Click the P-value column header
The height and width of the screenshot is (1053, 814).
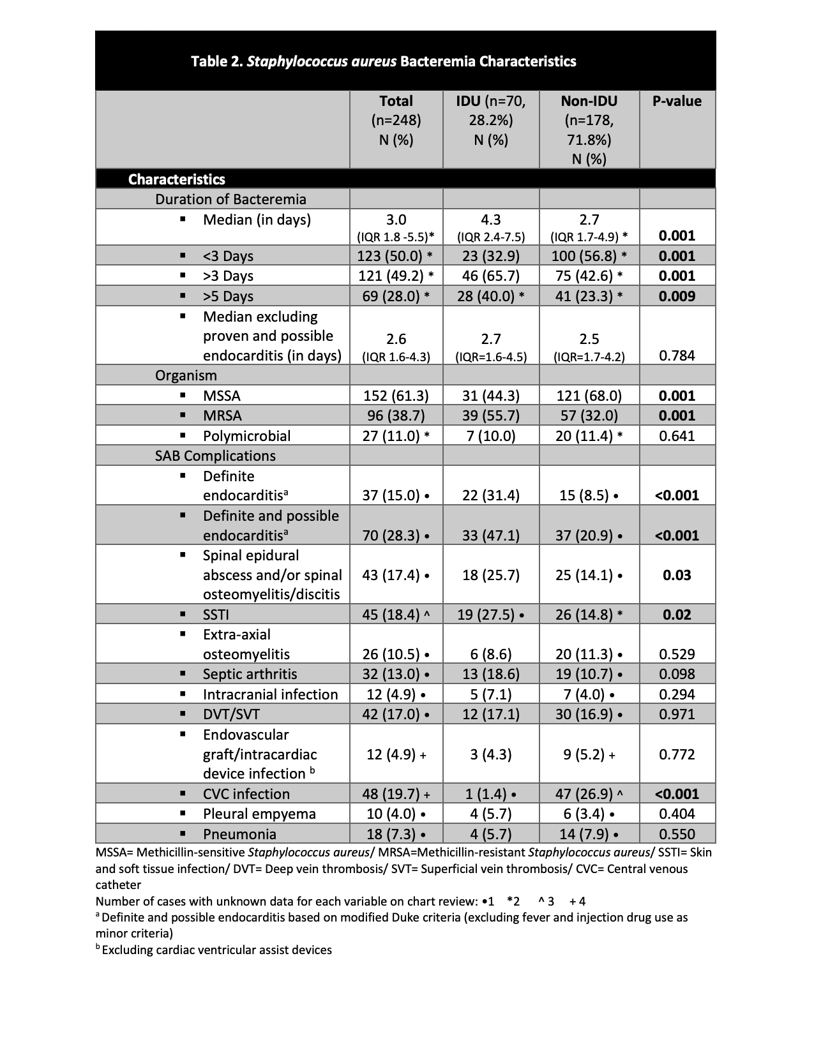pyautogui.click(x=677, y=101)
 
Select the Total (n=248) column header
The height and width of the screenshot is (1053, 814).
pyautogui.click(x=396, y=119)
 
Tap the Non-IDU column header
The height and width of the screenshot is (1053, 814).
pyautogui.click(x=589, y=129)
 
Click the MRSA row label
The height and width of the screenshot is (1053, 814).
pyautogui.click(x=222, y=415)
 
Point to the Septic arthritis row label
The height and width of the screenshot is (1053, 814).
pyautogui.click(x=250, y=674)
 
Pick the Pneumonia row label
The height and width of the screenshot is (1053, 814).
pyautogui.click(x=239, y=834)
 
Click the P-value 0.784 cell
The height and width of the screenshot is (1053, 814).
pyautogui.click(x=677, y=355)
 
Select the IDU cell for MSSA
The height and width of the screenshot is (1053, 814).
pyautogui.click(x=490, y=396)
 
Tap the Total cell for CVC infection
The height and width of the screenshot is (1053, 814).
pyautogui.click(x=396, y=794)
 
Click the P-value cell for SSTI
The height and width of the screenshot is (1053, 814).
pyautogui.click(x=677, y=615)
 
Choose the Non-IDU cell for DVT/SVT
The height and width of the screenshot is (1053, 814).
pyautogui.click(x=589, y=714)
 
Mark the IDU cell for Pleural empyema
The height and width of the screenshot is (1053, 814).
pyautogui.click(x=490, y=814)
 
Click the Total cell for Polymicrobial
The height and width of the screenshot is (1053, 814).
pyautogui.click(x=396, y=436)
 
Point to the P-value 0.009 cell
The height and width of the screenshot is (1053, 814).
pyautogui.click(x=677, y=296)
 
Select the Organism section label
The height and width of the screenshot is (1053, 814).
pyautogui.click(x=186, y=375)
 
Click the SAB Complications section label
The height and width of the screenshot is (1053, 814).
pyautogui.click(x=215, y=456)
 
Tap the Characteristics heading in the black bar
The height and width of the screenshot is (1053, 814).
pyautogui.click(x=176, y=179)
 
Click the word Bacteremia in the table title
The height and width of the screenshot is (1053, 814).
pyautogui.click(x=437, y=61)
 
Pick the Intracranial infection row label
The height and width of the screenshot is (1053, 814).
pyautogui.click(x=270, y=694)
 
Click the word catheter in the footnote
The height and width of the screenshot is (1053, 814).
pyautogui.click(x=118, y=885)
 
